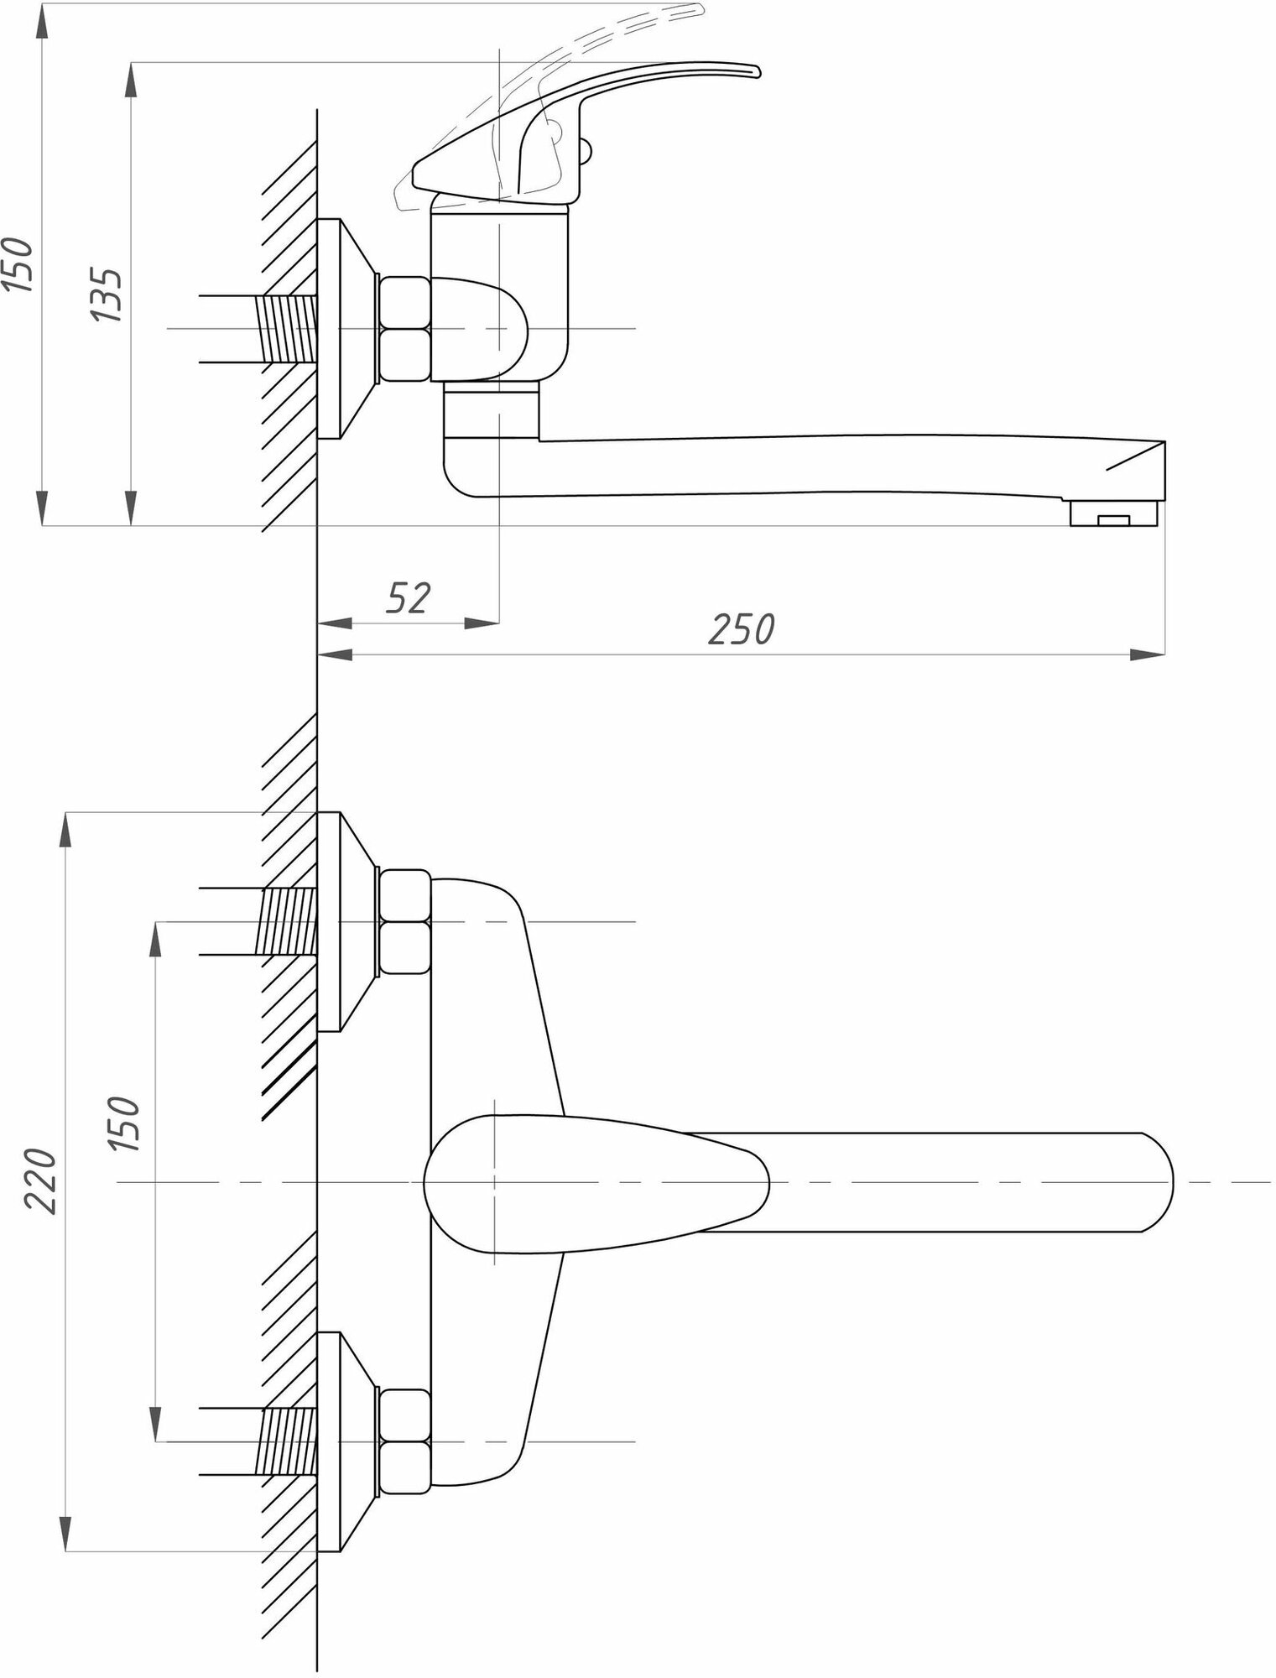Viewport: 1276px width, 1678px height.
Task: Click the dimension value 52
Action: (409, 598)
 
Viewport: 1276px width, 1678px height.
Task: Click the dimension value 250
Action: (741, 629)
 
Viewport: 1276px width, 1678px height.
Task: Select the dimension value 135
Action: (107, 294)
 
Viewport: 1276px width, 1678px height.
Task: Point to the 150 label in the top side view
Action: (18, 265)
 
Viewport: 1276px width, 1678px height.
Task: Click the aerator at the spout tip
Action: (1113, 513)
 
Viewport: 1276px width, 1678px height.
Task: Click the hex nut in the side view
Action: (404, 329)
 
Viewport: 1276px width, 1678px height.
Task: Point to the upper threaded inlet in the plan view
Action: (288, 922)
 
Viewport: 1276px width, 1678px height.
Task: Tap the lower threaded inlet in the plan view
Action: (288, 1441)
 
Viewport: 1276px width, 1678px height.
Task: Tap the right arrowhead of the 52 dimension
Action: (482, 623)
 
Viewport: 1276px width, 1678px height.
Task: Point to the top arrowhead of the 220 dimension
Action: (66, 831)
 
